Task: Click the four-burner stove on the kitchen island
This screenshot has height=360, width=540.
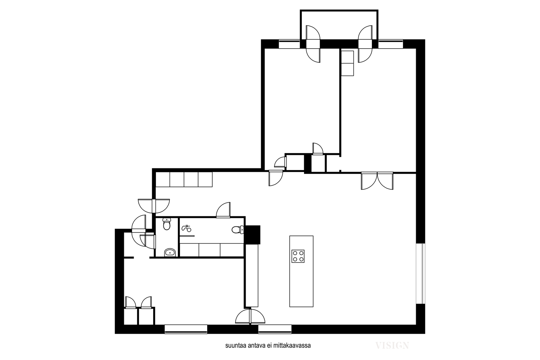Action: pos(298,256)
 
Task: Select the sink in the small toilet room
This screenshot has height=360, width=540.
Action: pos(170,252)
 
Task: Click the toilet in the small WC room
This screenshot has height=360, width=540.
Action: pos(167,224)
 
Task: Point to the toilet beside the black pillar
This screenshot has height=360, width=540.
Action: pos(238,230)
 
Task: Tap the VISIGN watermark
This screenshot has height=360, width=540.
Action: pos(392,345)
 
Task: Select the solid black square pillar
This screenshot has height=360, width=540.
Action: pos(253,234)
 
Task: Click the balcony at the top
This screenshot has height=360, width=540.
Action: pos(339,25)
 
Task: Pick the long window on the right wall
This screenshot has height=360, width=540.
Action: pos(421,274)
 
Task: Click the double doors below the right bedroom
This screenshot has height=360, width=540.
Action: pos(377,181)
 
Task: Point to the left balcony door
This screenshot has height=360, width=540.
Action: pos(313,44)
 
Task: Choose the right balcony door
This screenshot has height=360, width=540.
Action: pos(365,44)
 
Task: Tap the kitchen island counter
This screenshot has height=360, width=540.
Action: pos(301,271)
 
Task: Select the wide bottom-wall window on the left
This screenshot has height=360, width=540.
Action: pos(186,329)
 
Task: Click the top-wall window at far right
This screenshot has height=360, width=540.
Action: pos(390,44)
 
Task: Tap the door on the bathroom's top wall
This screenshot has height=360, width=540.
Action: pos(223,210)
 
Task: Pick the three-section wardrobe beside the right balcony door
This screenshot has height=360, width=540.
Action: pos(347,63)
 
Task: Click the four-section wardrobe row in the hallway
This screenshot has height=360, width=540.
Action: pos(184,179)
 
